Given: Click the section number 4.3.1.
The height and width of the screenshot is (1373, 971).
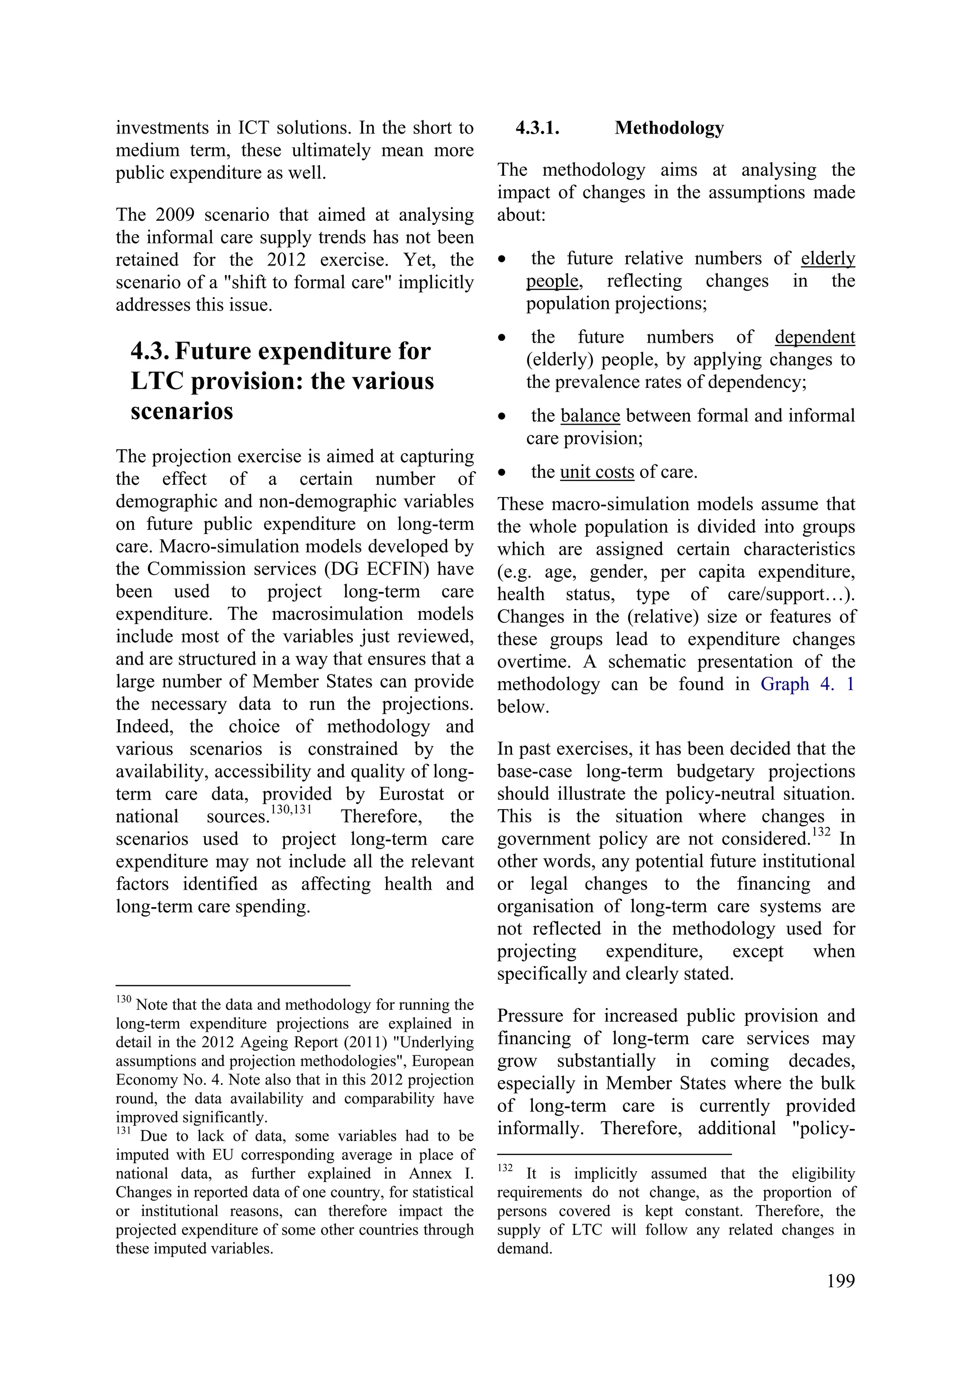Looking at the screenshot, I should click(537, 128).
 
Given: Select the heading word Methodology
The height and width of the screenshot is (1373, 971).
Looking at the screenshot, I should click(669, 128).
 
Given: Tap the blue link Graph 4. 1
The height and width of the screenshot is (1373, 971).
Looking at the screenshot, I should click(807, 684).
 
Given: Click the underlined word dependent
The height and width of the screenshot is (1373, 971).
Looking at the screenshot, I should click(815, 337).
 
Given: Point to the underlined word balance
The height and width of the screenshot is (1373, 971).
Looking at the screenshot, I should click(590, 416).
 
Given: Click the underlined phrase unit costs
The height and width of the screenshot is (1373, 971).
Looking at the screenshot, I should click(596, 472).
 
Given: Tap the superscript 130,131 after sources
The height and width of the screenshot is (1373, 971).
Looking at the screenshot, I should click(292, 809).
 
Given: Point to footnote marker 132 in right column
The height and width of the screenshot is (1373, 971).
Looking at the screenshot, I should click(504, 1167).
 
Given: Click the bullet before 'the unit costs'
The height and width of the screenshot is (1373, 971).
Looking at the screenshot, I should click(503, 473).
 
